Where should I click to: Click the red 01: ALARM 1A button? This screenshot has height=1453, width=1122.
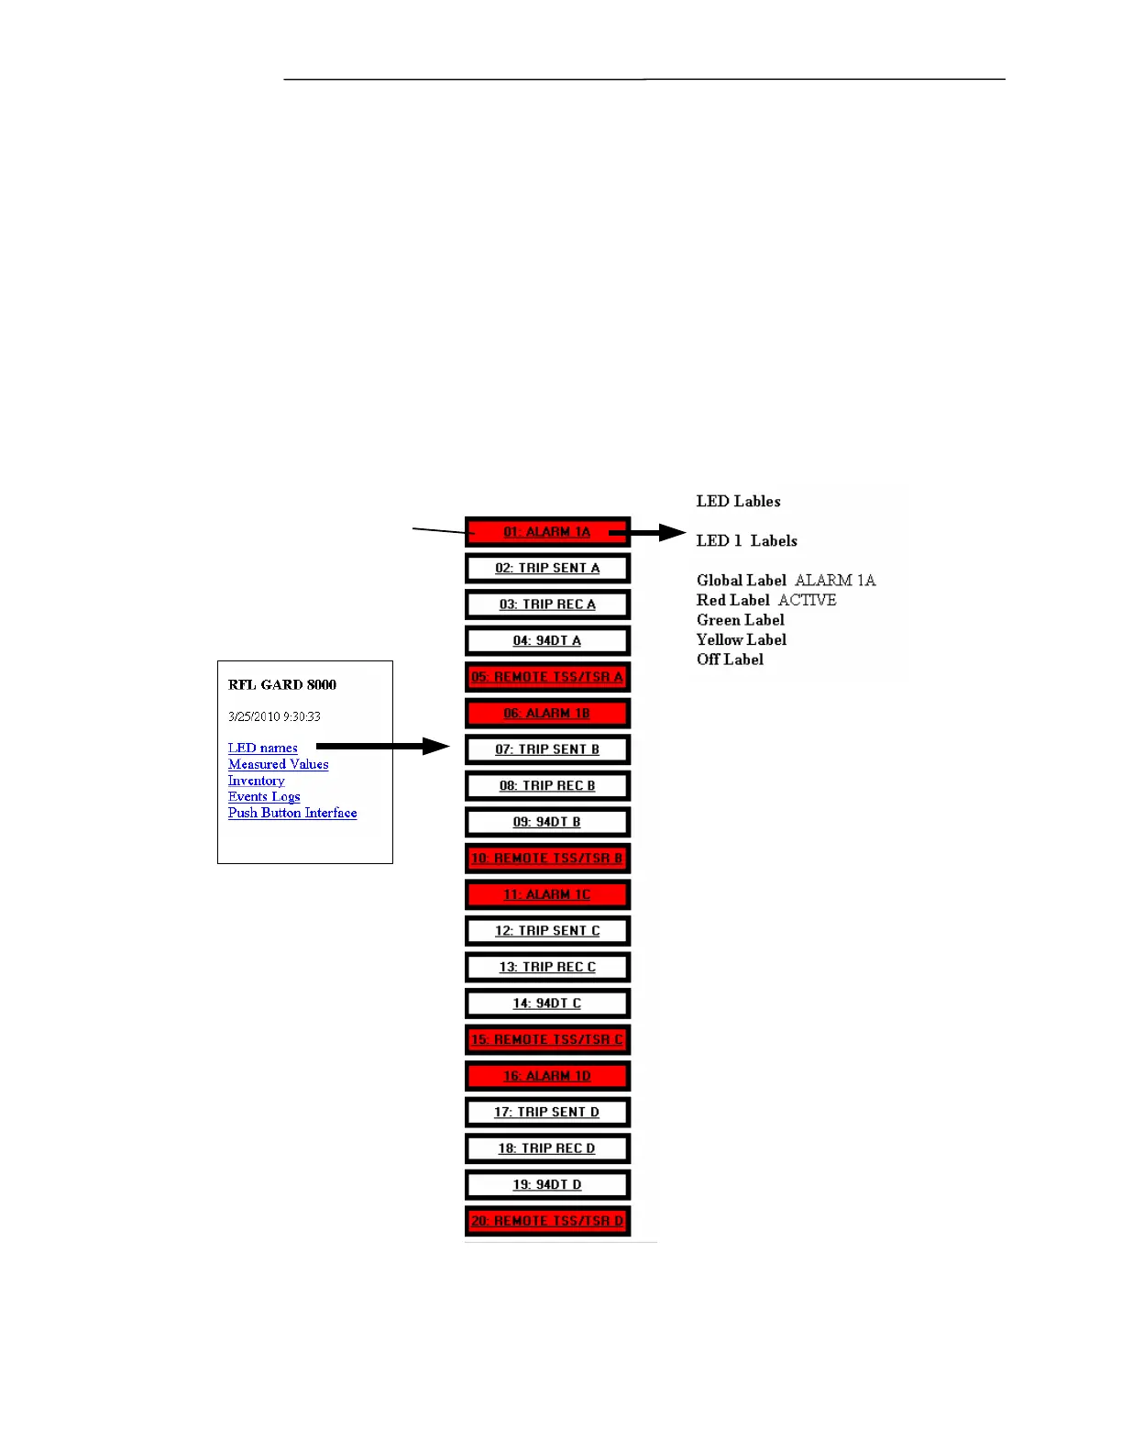coord(546,532)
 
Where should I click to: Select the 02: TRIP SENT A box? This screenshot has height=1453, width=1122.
coord(547,568)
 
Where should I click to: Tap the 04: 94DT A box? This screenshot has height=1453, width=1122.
coord(547,640)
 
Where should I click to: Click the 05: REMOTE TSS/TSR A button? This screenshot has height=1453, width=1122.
coord(547,677)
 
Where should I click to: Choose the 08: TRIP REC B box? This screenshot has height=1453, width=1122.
coord(547,786)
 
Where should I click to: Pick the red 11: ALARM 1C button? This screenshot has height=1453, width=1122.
coord(547,894)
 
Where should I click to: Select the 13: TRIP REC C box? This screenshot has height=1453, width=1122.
coord(547,967)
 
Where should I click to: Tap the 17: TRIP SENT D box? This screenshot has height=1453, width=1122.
coord(547,1112)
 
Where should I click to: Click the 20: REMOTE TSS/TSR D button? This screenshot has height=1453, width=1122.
coord(547,1221)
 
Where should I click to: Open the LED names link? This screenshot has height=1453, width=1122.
coord(262,748)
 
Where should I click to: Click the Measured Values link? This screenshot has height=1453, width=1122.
coord(278,764)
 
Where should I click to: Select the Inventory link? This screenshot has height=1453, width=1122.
coord(256,781)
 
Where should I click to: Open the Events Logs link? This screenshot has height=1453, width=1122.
coord(264,796)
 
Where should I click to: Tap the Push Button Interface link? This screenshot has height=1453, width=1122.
coord(292,813)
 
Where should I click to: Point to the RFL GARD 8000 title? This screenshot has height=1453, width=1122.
coord(282,684)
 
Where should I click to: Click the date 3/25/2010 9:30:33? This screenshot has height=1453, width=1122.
coord(274,716)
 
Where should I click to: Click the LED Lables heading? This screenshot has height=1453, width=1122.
coord(738,501)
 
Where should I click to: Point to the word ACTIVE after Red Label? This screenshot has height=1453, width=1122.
coord(808,600)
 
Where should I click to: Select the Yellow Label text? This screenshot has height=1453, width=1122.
coord(741,639)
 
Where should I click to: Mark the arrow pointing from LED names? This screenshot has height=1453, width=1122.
coord(383,747)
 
